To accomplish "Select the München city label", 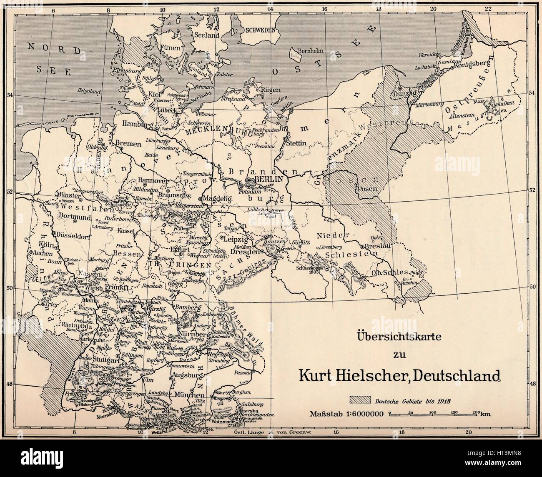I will pyautogui.click(x=190, y=395).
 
